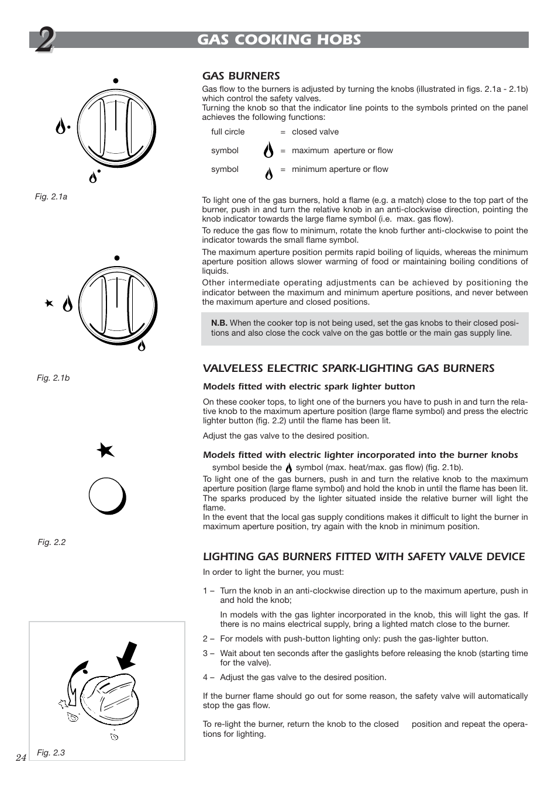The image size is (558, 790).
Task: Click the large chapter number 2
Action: (x=43, y=42)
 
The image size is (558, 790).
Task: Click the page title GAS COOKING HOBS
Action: (x=279, y=40)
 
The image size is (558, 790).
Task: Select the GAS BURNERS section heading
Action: (x=241, y=76)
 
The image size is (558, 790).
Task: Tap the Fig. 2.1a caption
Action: (x=51, y=196)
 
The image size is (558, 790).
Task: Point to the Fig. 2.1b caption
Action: (x=53, y=378)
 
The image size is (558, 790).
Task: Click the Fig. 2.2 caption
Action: (x=51, y=542)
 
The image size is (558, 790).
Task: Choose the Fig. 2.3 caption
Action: (x=51, y=753)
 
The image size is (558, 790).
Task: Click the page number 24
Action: (x=21, y=757)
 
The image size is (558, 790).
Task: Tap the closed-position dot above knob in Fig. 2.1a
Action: (x=116, y=81)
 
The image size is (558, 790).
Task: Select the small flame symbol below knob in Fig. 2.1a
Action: (x=93, y=177)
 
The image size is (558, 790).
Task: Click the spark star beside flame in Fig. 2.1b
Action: (x=49, y=303)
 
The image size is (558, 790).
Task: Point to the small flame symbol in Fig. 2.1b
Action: (x=141, y=345)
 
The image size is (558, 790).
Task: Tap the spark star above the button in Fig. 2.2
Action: (x=105, y=450)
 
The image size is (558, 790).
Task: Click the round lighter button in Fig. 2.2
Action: (x=107, y=496)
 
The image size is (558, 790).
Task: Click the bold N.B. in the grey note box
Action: (x=219, y=323)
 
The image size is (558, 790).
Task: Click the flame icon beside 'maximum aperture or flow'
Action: (x=268, y=151)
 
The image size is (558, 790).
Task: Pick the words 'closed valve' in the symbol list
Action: (x=315, y=132)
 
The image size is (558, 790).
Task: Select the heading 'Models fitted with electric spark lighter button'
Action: (x=309, y=387)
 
